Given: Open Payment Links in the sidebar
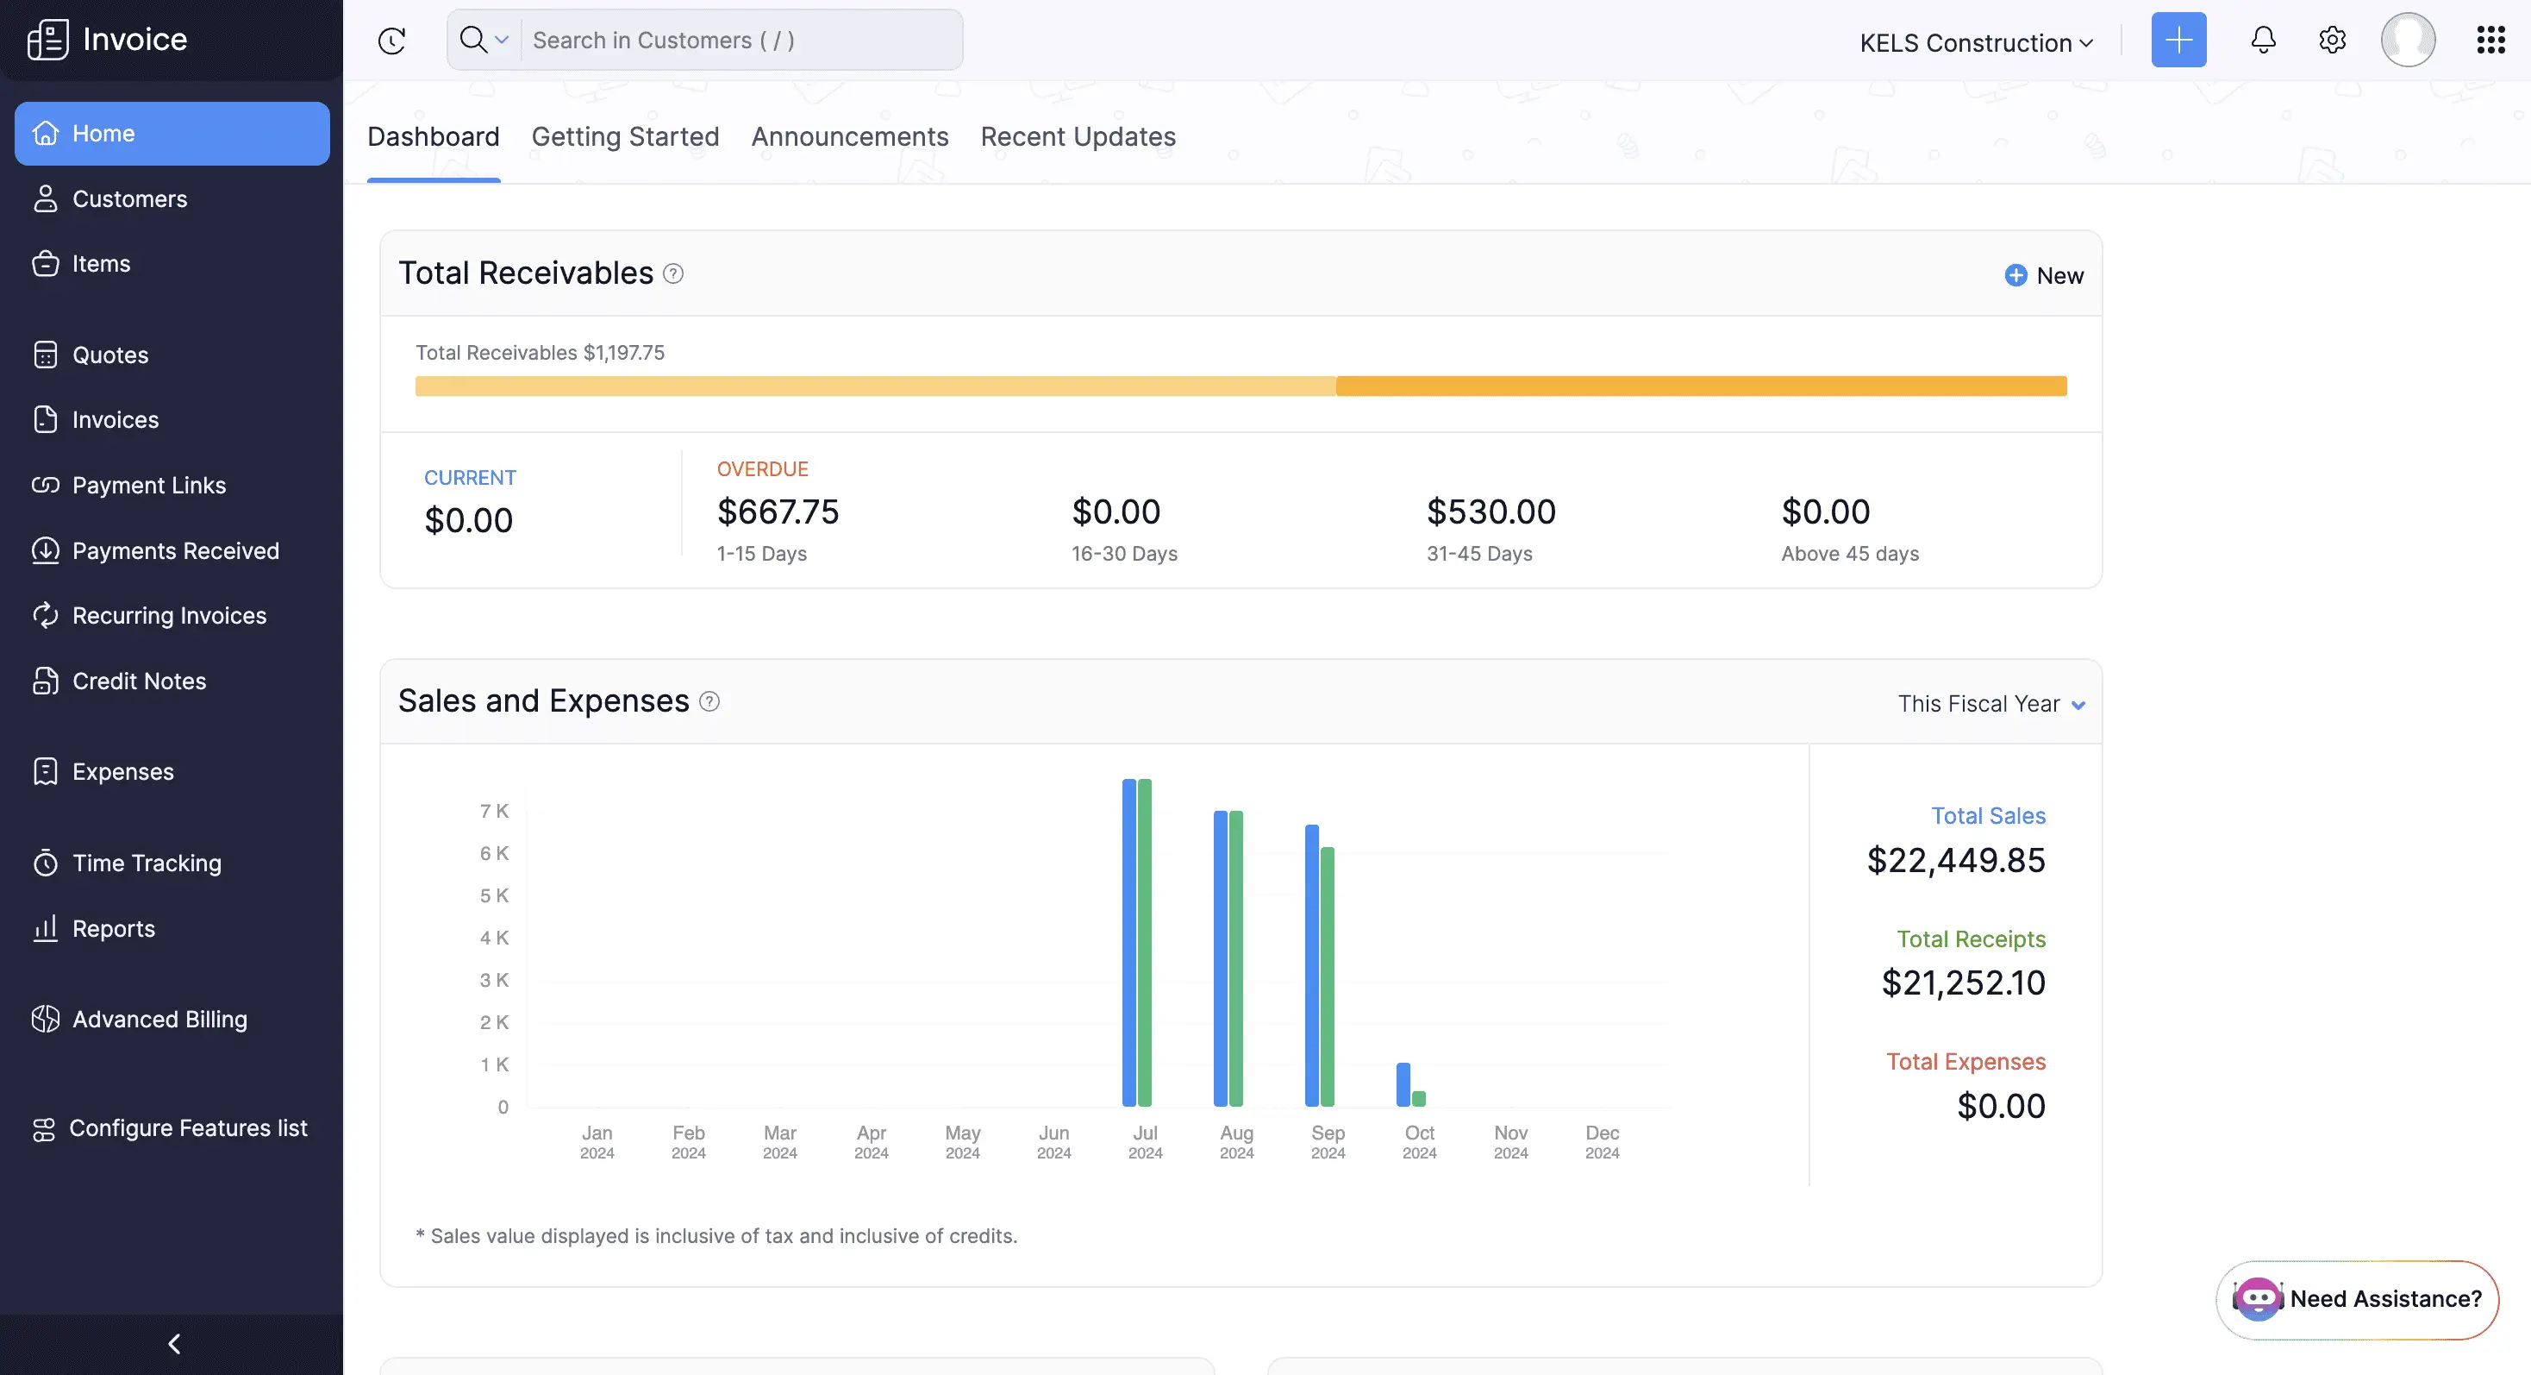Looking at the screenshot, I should pos(148,486).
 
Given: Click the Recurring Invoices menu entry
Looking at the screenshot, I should pos(169,616).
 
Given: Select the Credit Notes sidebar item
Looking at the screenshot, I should pos(139,681).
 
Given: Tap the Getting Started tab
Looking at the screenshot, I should pos(625,136).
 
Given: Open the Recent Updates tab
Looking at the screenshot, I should pos(1078,136).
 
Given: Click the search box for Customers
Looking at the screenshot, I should pos(739,41).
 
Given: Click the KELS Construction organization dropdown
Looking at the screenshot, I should pos(1976,42).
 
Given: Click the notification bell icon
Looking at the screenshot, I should pos(2263,41).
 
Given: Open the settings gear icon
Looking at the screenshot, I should pos(2332,41).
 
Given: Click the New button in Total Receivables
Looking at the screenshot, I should pos(2045,276).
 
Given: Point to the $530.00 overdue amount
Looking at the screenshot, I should pos(1490,512).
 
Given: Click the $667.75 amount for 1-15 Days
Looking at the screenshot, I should pos(778,512).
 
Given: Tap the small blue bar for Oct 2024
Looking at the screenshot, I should pos(1403,1084).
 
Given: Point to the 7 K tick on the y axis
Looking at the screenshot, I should pos(494,811).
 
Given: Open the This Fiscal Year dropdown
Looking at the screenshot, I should pos(1990,704).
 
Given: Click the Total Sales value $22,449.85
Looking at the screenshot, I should pos(1955,860).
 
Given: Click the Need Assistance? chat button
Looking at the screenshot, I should pos(2357,1299).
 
